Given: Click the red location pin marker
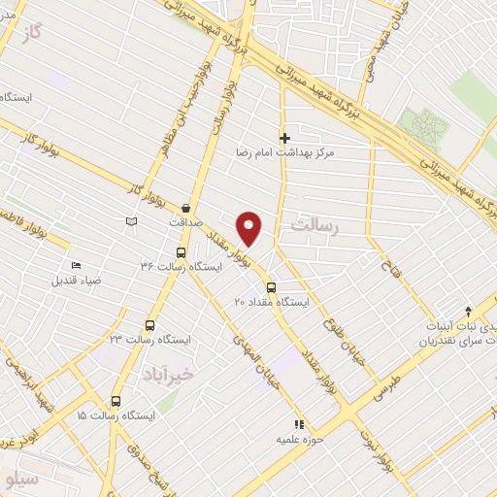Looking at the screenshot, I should pyautogui.click(x=249, y=227).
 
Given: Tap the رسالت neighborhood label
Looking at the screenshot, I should pyautogui.click(x=314, y=225).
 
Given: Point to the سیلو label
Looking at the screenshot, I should pyautogui.click(x=21, y=480).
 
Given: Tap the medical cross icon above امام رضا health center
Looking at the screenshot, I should pyautogui.click(x=284, y=138).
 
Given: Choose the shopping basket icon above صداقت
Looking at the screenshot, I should pyautogui.click(x=185, y=207).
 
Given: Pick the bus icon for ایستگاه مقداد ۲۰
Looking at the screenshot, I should pyautogui.click(x=270, y=288).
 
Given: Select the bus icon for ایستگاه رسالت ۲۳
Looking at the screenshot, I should pyautogui.click(x=149, y=325).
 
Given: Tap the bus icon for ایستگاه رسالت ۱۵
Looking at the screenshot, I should pyautogui.click(x=116, y=401).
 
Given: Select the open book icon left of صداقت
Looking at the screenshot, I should pyautogui.click(x=132, y=222).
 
